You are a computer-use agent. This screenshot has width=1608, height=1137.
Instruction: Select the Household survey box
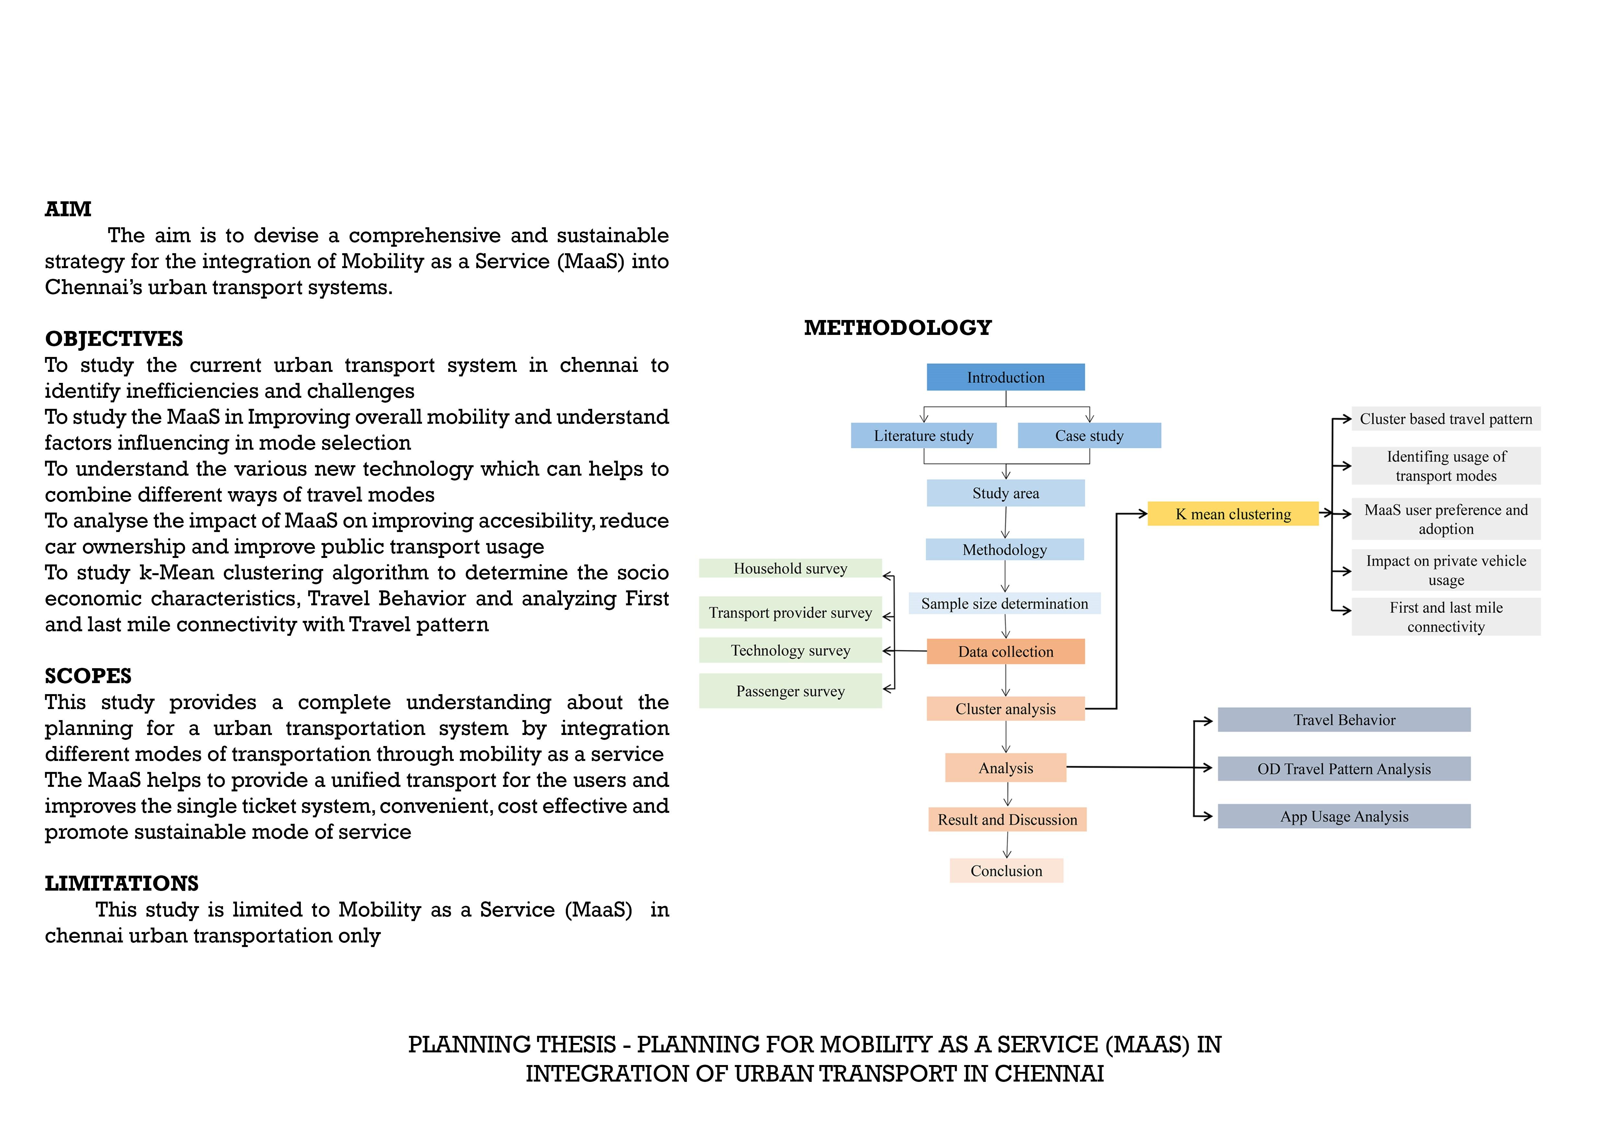(x=790, y=568)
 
